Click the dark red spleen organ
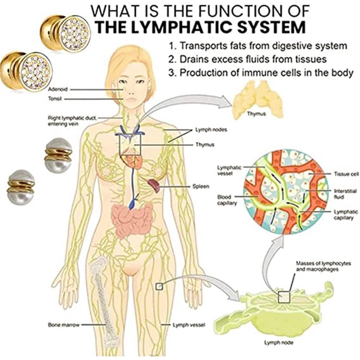click(x=154, y=185)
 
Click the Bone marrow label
click(x=60, y=325)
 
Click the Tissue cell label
click(x=346, y=174)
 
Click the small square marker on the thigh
click(x=158, y=286)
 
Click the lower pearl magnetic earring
click(x=21, y=187)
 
